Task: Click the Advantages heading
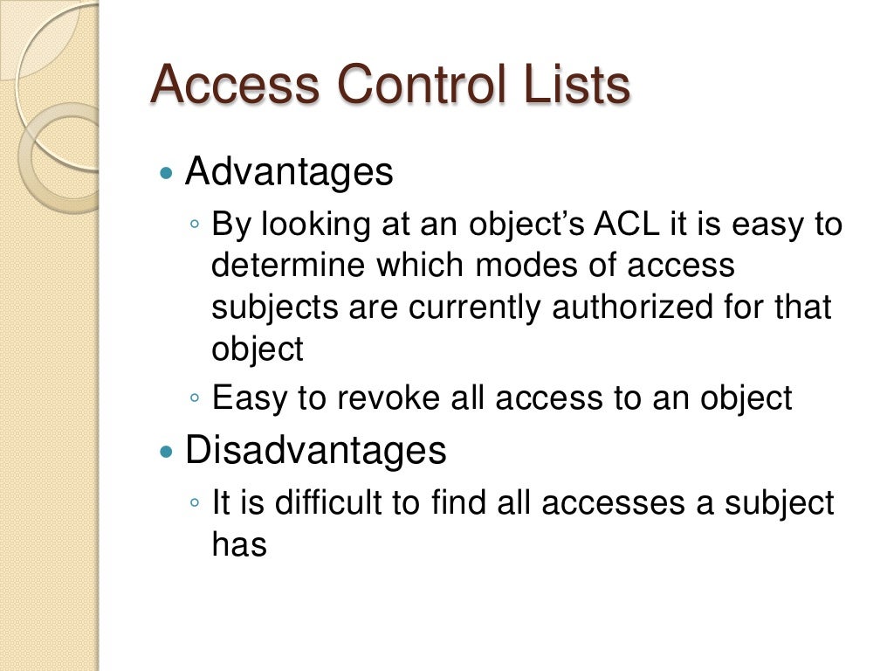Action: tap(289, 172)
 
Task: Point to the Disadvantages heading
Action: tap(315, 451)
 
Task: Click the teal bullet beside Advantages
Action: tap(168, 173)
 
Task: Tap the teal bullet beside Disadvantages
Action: tap(168, 452)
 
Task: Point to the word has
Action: tap(238, 544)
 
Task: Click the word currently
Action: tap(473, 308)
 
